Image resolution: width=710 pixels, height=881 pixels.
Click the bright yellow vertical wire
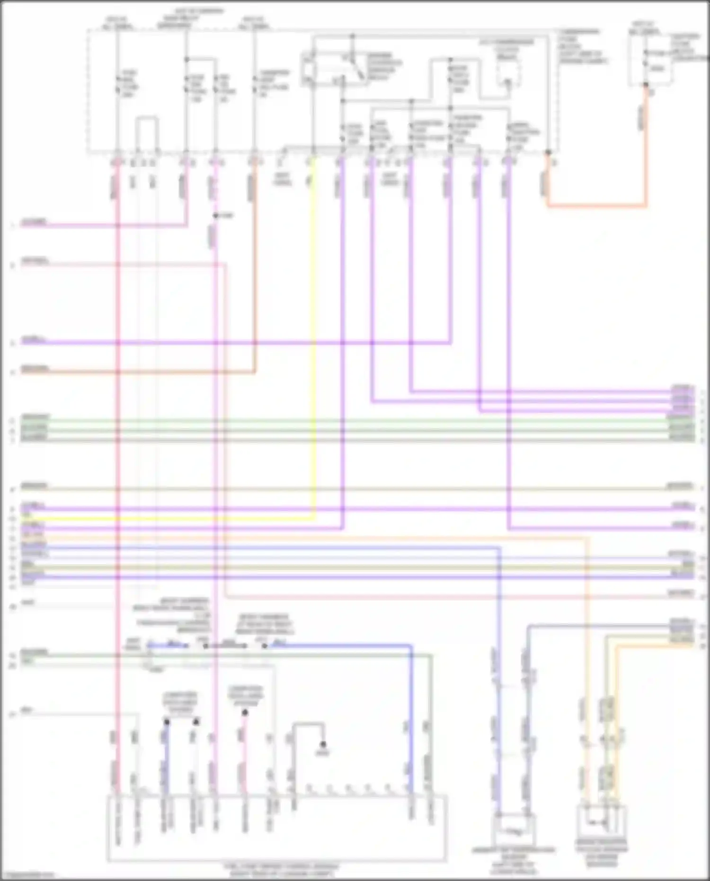tap(313, 331)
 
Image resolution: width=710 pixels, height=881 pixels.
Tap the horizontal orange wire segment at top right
tap(596, 206)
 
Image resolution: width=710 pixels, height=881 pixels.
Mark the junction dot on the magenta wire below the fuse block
tap(215, 216)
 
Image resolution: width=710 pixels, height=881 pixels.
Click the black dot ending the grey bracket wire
tap(323, 744)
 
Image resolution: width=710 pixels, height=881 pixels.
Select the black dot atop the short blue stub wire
tap(167, 722)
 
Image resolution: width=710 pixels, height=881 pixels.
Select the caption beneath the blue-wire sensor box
tap(514, 860)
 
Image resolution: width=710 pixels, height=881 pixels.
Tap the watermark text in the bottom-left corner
tap(27, 875)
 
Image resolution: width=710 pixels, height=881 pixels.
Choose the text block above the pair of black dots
tap(180, 703)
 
